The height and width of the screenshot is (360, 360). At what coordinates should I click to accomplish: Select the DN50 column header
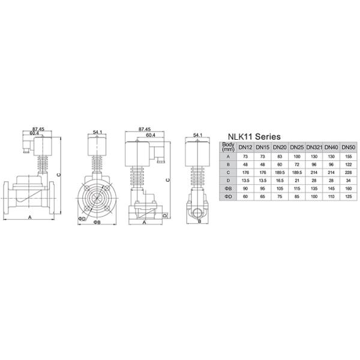coord(349,147)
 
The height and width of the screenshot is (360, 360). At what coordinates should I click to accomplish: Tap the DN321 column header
coord(314,147)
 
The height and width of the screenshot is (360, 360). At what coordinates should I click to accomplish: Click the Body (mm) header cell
coord(226,147)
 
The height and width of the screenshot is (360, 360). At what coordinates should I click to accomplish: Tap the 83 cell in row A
coord(280,156)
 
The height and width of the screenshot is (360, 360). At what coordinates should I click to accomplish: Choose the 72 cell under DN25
coord(296,164)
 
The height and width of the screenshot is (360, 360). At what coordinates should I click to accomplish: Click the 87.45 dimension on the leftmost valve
coord(39,129)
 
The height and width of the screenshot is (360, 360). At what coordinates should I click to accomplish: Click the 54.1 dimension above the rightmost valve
coord(199,136)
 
